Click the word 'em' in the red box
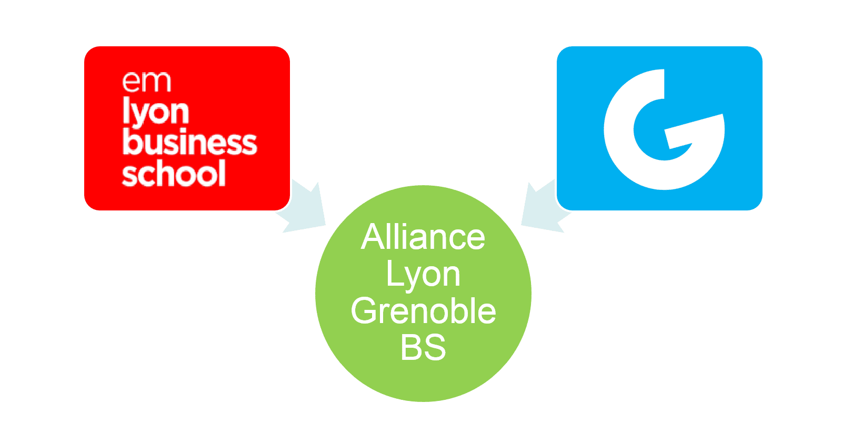coord(147,82)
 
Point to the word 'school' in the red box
coord(174,173)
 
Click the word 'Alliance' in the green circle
coord(423,237)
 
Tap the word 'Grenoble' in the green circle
coord(423,310)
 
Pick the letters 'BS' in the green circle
coord(423,347)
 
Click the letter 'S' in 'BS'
coord(435,347)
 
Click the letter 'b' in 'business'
coord(131,142)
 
